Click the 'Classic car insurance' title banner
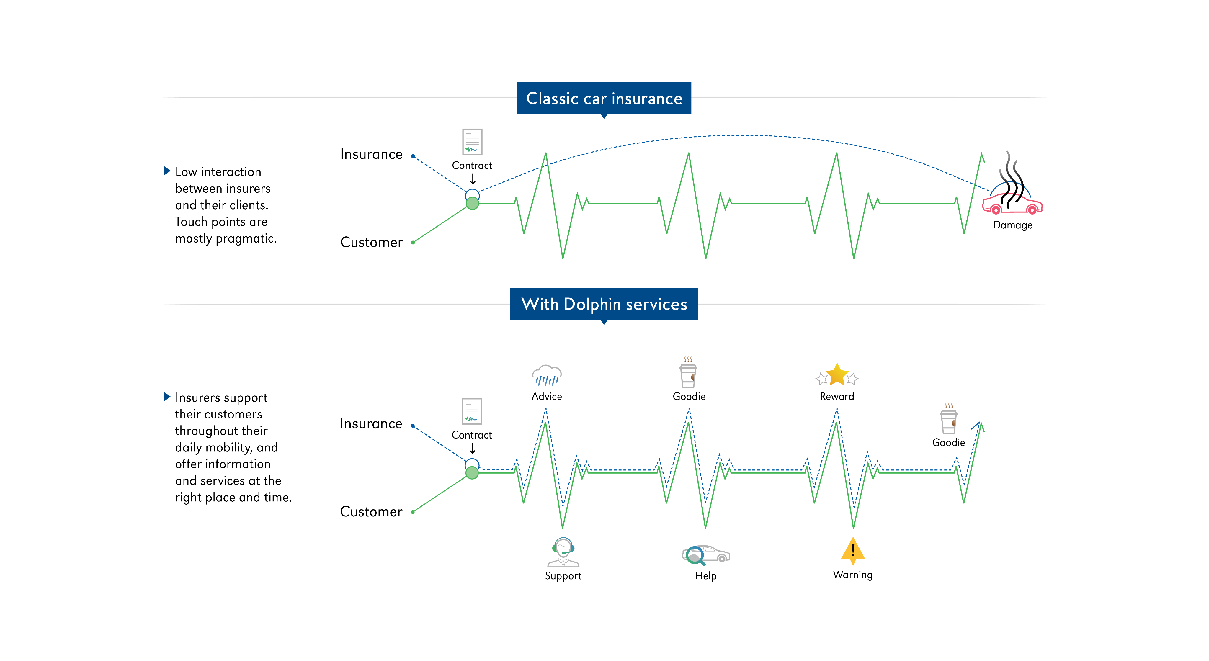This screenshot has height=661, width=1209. [604, 99]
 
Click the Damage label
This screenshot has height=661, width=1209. [1012, 225]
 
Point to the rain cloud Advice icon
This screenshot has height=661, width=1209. [547, 375]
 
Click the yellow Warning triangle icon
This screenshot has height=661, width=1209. [853, 550]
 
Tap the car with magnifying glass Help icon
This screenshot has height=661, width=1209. [705, 555]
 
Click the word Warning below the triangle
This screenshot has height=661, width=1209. [853, 575]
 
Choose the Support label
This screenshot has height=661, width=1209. [563, 576]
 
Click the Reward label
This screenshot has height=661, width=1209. [837, 396]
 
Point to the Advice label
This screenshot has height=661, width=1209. [547, 396]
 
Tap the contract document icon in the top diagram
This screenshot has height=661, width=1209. [472, 142]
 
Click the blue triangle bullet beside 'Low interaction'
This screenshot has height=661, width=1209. [167, 171]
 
